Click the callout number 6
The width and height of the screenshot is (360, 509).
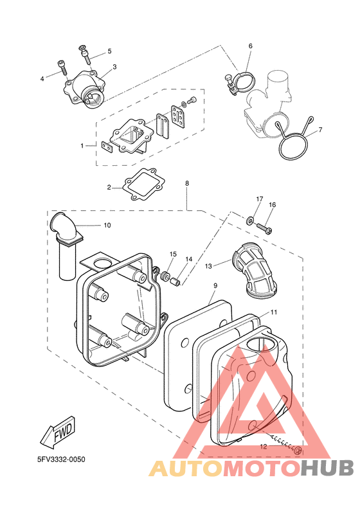(x=250, y=46)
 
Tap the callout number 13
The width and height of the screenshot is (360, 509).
(x=208, y=266)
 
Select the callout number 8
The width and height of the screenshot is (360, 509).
(x=187, y=183)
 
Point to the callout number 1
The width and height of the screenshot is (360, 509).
(x=82, y=146)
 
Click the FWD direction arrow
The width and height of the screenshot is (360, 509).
(x=59, y=430)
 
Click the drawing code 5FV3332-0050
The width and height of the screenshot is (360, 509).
(x=61, y=460)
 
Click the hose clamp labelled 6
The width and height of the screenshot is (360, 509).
(x=240, y=83)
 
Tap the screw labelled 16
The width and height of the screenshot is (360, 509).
(x=265, y=228)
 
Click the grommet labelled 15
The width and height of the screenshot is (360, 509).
(x=166, y=277)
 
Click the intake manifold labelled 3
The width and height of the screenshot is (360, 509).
(x=85, y=91)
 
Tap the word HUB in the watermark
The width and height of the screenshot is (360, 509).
(x=327, y=469)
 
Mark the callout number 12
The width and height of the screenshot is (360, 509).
(x=264, y=447)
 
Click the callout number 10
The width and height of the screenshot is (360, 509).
(x=107, y=226)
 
